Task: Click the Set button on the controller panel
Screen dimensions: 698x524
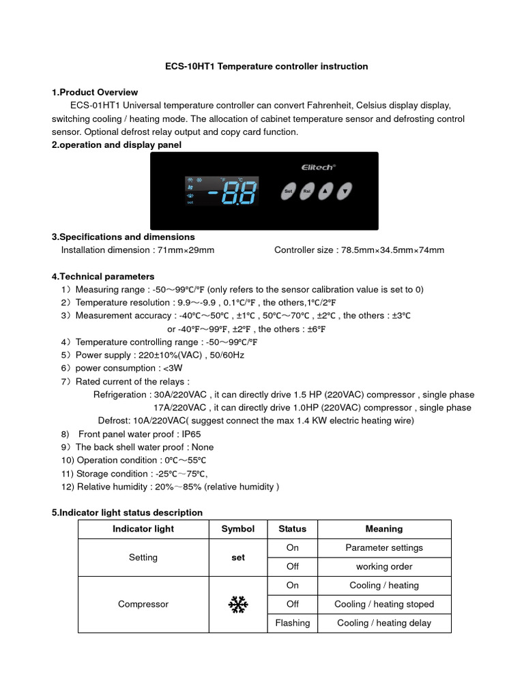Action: tap(288, 192)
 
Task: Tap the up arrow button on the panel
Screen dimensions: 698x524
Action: tap(326, 192)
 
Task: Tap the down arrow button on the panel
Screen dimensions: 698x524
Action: tap(346, 192)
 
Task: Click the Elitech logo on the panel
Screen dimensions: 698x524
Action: tap(318, 166)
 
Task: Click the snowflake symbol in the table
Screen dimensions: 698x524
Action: tap(237, 604)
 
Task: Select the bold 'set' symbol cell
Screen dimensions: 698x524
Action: tap(237, 557)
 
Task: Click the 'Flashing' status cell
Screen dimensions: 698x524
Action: tap(292, 622)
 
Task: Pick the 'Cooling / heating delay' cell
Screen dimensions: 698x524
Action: tap(384, 622)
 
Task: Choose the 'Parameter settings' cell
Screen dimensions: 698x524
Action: tap(384, 547)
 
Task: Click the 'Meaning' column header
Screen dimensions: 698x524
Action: tap(384, 529)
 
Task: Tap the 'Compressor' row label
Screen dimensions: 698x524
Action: tap(143, 604)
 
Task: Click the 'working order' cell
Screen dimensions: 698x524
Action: tap(384, 566)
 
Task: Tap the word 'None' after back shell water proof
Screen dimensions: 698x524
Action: tap(203, 447)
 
